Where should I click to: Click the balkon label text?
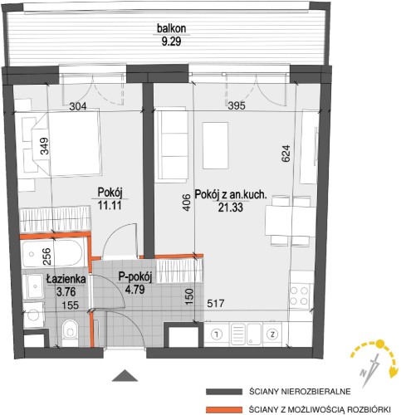click(x=171, y=28)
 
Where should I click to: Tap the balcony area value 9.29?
click(x=171, y=41)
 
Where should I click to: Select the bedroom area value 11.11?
click(x=110, y=205)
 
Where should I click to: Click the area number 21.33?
click(x=231, y=207)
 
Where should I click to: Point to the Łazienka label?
click(x=66, y=280)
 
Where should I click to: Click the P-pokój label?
click(x=135, y=277)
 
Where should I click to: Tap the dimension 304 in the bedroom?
click(x=78, y=106)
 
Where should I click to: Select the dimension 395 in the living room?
click(x=237, y=105)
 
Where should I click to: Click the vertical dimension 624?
click(x=286, y=154)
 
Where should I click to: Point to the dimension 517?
click(x=216, y=304)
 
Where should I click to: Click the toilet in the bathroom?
click(x=70, y=332)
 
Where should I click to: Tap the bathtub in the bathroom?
click(x=51, y=254)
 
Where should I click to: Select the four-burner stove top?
click(x=299, y=296)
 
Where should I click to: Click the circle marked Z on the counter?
click(x=273, y=334)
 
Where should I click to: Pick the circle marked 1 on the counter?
click(x=217, y=334)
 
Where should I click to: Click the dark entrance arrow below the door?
click(x=125, y=375)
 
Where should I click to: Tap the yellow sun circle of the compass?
click(x=380, y=344)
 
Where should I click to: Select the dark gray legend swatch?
click(x=224, y=392)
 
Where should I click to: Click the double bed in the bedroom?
click(x=66, y=144)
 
